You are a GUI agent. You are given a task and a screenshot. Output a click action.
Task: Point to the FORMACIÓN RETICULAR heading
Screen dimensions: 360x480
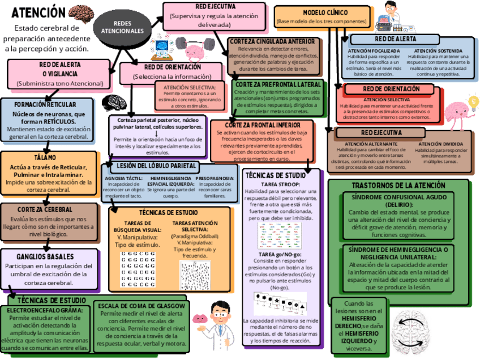click(45, 105)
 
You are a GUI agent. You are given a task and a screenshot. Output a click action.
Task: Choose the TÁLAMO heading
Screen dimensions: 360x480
click(45, 158)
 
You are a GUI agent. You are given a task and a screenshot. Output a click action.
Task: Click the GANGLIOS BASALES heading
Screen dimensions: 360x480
click(45, 257)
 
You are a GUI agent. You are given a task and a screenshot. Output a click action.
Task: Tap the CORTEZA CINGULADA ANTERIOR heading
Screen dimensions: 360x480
click(272, 41)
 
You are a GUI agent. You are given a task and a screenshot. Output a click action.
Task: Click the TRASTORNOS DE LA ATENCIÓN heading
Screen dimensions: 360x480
click(398, 186)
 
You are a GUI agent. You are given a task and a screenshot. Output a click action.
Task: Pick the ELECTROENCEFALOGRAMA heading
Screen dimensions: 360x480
click(45, 310)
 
